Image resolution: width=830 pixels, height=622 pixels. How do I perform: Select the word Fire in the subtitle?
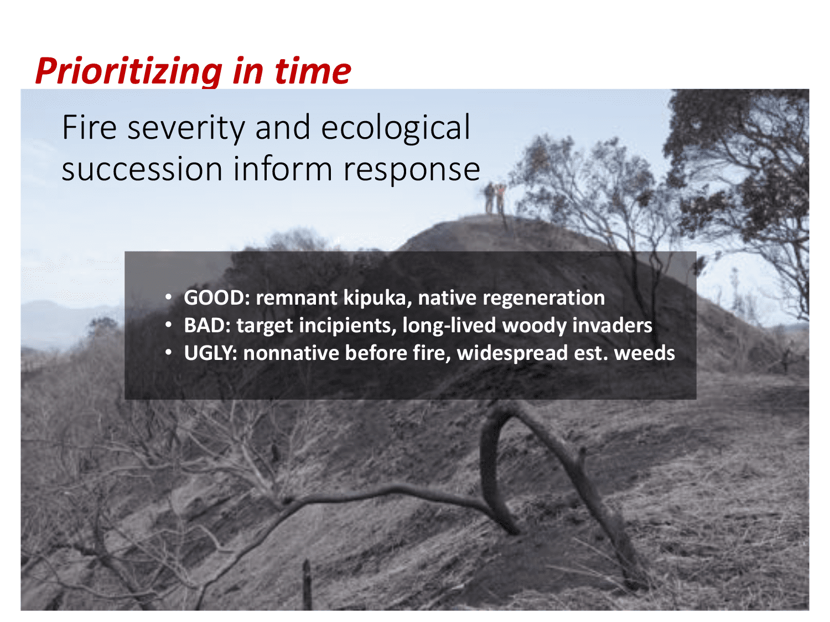[89, 127]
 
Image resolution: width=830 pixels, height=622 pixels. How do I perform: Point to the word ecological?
[396, 128]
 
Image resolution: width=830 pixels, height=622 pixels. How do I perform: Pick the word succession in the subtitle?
[142, 169]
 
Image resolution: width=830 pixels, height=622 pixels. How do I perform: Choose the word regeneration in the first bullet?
[543, 299]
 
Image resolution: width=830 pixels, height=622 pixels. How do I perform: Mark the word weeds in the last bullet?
[644, 353]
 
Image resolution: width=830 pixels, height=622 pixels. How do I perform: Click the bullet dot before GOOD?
[169, 297]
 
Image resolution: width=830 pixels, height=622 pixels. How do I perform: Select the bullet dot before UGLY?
[169, 353]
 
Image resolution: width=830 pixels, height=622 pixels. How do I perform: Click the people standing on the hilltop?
[495, 198]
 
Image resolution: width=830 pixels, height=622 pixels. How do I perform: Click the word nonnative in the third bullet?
[291, 353]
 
